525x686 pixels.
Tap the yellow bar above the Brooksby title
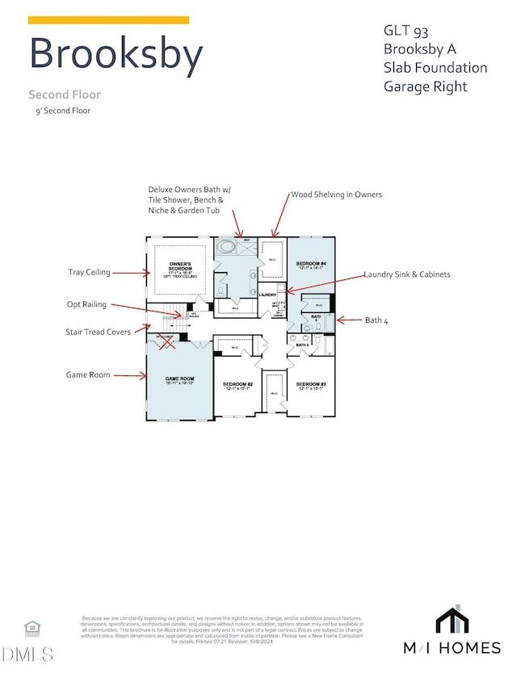point(109,19)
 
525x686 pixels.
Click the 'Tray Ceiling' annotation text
point(90,272)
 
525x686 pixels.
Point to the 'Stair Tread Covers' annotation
point(98,331)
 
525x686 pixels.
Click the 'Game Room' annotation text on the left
point(89,374)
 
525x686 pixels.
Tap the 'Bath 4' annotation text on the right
point(376,320)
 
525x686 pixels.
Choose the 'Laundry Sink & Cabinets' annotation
point(407,274)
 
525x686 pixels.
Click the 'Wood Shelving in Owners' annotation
point(336,195)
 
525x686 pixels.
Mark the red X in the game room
point(168,342)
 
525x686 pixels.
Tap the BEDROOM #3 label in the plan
point(310,384)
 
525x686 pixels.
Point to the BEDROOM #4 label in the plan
point(311,264)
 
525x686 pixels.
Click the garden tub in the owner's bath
point(228,247)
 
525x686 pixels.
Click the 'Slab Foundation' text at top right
point(435,68)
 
